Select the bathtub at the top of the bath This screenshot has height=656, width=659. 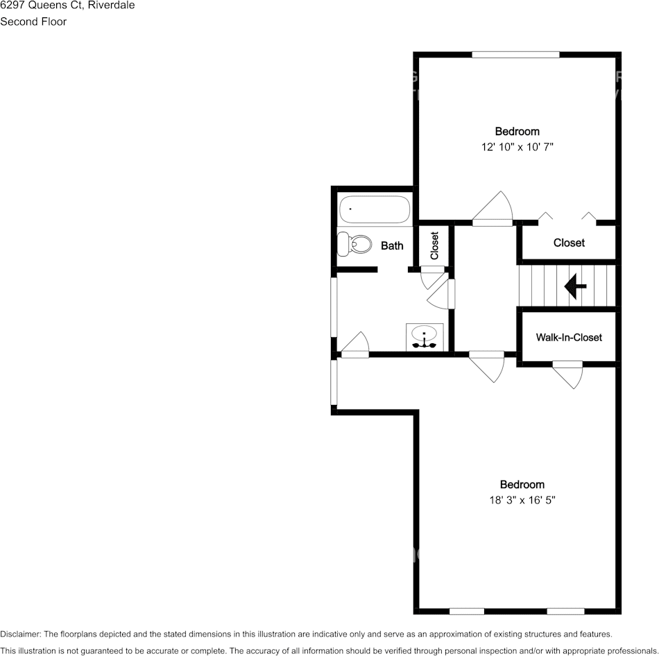tap(375, 209)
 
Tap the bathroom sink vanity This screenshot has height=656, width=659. tap(424, 336)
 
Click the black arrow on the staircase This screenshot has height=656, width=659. tap(575, 286)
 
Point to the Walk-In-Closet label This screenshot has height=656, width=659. tap(569, 338)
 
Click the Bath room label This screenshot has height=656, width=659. tap(392, 245)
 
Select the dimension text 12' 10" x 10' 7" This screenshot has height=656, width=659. tap(517, 147)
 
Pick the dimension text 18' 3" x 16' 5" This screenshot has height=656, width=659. tap(522, 500)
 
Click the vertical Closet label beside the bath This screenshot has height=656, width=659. tap(435, 245)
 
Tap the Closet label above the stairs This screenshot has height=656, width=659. tap(569, 243)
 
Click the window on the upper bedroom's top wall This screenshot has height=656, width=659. tap(515, 54)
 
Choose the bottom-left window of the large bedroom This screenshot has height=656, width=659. tap(466, 611)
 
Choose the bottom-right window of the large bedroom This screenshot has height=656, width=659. tap(565, 611)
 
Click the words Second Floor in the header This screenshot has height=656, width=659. tap(33, 21)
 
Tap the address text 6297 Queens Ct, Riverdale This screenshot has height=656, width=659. tap(67, 6)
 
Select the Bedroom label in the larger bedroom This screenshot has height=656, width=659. tap(522, 485)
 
